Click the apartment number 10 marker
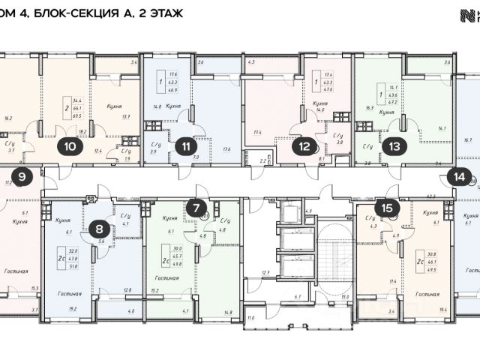coord(70,147)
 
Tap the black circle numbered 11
coord(184,147)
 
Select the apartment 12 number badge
coord(303,147)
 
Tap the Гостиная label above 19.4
coord(430,286)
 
